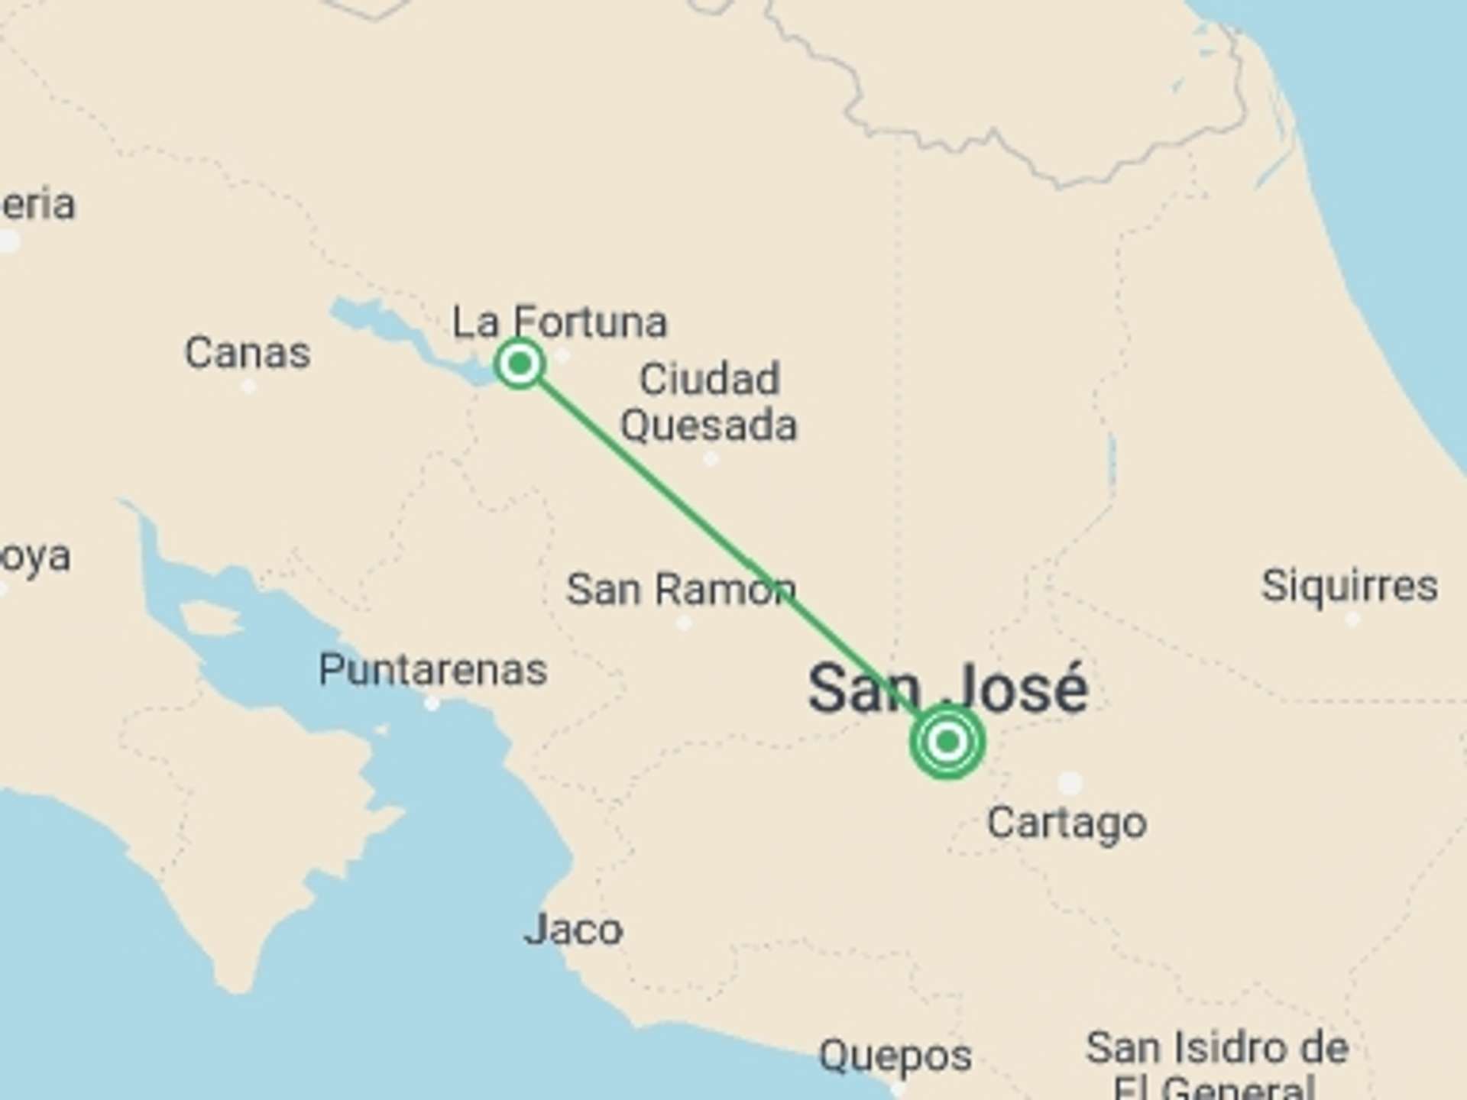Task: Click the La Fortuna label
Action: (x=559, y=322)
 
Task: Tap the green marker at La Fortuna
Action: (x=520, y=364)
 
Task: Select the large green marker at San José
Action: (x=947, y=741)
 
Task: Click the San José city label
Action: (x=947, y=689)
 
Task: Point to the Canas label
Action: (x=248, y=353)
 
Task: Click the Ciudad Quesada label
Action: (x=709, y=402)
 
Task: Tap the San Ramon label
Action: (x=681, y=590)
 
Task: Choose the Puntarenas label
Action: (x=432, y=670)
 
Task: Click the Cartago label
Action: (x=1067, y=823)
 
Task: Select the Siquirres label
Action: (x=1349, y=587)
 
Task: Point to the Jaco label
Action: (x=573, y=930)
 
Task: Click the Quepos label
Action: (x=895, y=1056)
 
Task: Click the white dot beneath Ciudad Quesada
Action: (x=711, y=459)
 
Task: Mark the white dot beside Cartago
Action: (x=1070, y=782)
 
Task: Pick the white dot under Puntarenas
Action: (x=432, y=704)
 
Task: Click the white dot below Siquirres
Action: (x=1352, y=620)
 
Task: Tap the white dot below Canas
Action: (x=248, y=387)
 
